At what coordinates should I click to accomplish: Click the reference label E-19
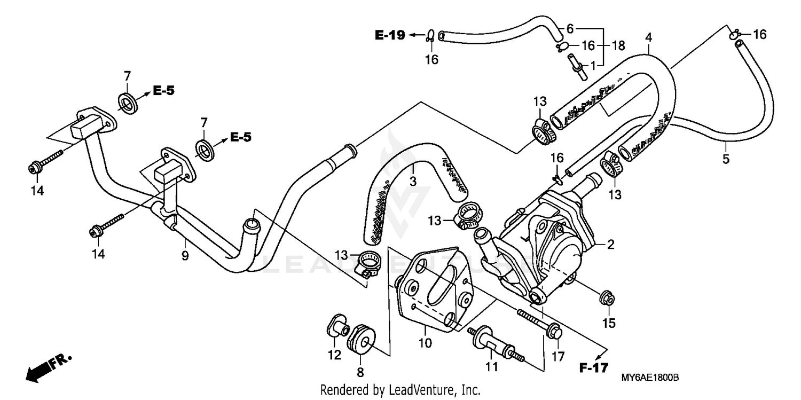(390, 35)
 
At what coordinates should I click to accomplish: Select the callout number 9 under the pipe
(185, 256)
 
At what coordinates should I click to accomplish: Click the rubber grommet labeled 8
(361, 338)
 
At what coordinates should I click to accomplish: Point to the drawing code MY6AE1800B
(649, 378)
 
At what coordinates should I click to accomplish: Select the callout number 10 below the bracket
(425, 344)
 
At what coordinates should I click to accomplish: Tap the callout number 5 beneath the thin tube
(726, 159)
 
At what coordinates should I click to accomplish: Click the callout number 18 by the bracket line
(618, 46)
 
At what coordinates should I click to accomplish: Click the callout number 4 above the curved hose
(648, 37)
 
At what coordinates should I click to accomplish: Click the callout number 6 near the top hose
(569, 28)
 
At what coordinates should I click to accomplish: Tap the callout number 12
(334, 355)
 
